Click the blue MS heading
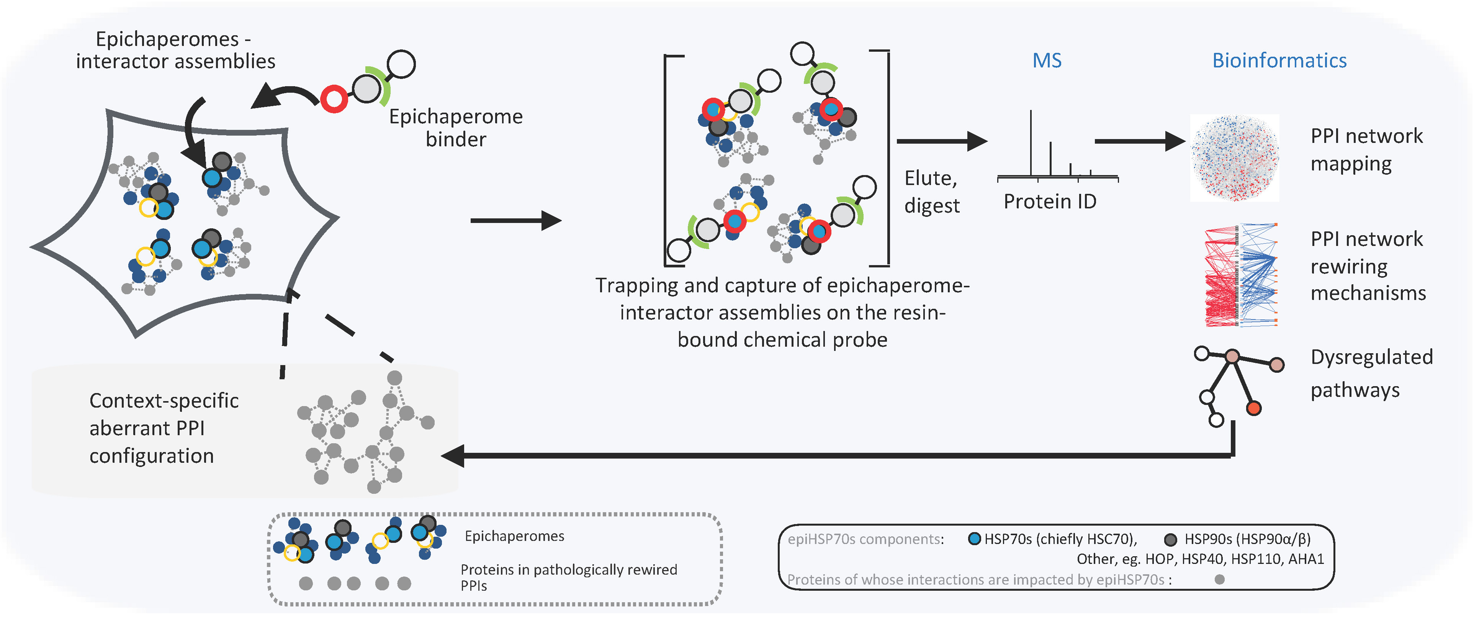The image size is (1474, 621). coord(1047,61)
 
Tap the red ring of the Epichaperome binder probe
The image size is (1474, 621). coord(334,99)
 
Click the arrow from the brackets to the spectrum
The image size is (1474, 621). coord(941,141)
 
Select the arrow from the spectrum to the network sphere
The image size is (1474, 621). coord(1139,141)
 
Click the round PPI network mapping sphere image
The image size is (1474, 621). coord(1235,158)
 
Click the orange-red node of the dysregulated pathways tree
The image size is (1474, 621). coord(1253,408)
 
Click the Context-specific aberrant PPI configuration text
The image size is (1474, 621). coord(164,428)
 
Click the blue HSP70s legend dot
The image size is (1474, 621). coord(974,539)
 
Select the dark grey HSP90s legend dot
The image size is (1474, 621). coord(1170,539)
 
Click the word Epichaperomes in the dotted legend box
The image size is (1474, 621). coord(514,536)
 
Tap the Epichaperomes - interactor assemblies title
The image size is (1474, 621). coord(175,50)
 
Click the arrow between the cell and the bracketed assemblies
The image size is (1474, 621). coord(515,220)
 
